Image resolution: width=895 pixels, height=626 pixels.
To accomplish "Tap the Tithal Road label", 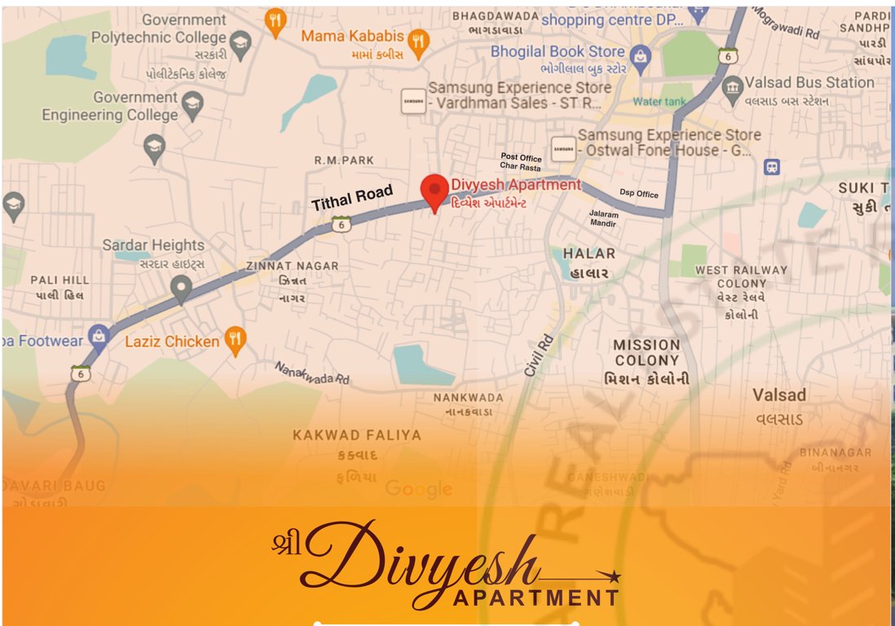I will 352,198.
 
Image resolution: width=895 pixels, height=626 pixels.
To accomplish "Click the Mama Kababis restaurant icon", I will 419,43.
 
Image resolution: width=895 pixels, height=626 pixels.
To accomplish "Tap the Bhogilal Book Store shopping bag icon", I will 641,55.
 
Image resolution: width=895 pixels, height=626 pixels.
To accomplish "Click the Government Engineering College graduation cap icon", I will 192,102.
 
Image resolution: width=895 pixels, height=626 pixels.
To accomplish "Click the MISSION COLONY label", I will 647,352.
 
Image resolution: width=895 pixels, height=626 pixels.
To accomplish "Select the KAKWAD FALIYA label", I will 357,435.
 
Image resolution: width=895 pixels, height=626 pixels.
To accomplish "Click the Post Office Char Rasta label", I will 521,162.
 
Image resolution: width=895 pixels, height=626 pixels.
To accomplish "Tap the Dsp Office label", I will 638,194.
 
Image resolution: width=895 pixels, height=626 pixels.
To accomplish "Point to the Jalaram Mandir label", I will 604,218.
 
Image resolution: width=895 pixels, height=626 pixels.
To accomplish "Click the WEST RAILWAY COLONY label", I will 741,276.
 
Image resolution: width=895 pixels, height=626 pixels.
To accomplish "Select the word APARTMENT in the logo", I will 536,597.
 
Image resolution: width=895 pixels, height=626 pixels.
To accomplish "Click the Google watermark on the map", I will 418,488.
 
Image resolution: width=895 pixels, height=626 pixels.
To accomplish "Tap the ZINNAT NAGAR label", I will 292,267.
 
